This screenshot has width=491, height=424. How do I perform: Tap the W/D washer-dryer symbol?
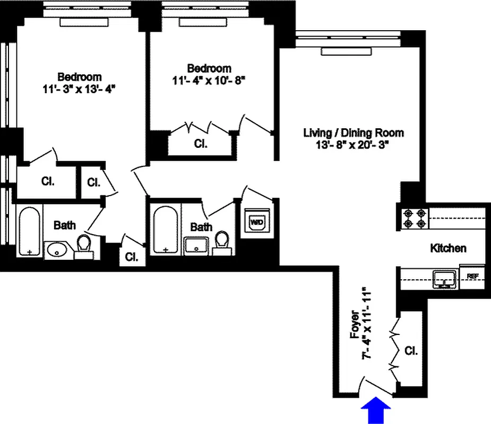pos(256,222)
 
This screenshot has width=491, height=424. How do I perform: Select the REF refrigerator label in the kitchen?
pos(472,276)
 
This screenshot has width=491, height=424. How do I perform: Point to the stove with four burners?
pos(415,218)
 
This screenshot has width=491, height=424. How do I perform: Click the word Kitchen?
pos(448,248)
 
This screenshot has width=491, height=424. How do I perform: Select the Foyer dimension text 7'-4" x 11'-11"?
pos(366,324)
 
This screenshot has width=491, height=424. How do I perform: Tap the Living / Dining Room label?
pos(354,132)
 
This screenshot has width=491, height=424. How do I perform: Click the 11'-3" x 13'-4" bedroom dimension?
pos(80,89)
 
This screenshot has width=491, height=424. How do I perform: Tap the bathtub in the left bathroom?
pos(29,231)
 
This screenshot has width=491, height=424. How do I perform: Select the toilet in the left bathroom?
pos(84,247)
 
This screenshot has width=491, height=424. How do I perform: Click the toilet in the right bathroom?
pos(221,244)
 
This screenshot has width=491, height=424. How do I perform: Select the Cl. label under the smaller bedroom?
pos(200,144)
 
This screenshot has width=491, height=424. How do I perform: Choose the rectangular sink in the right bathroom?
pos(196,245)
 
